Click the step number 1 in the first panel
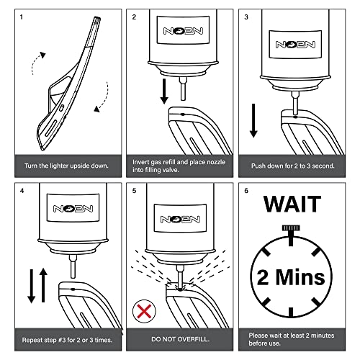22,17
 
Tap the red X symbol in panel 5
144,311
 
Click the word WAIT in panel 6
292,204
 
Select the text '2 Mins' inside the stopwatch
291,277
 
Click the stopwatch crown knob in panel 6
291,228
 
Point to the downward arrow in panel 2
164,91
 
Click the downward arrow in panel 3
253,121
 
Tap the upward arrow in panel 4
43,285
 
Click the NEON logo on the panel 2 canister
183,31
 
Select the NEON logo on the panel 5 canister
180,219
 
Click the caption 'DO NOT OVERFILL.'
180,339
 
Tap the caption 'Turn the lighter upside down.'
66,166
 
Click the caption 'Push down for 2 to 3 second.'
292,166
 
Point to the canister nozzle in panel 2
183,89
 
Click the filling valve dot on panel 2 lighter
183,114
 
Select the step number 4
22,191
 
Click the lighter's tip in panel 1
97,18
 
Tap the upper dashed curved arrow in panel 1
37,62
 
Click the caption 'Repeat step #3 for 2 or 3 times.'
67,340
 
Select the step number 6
246,191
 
